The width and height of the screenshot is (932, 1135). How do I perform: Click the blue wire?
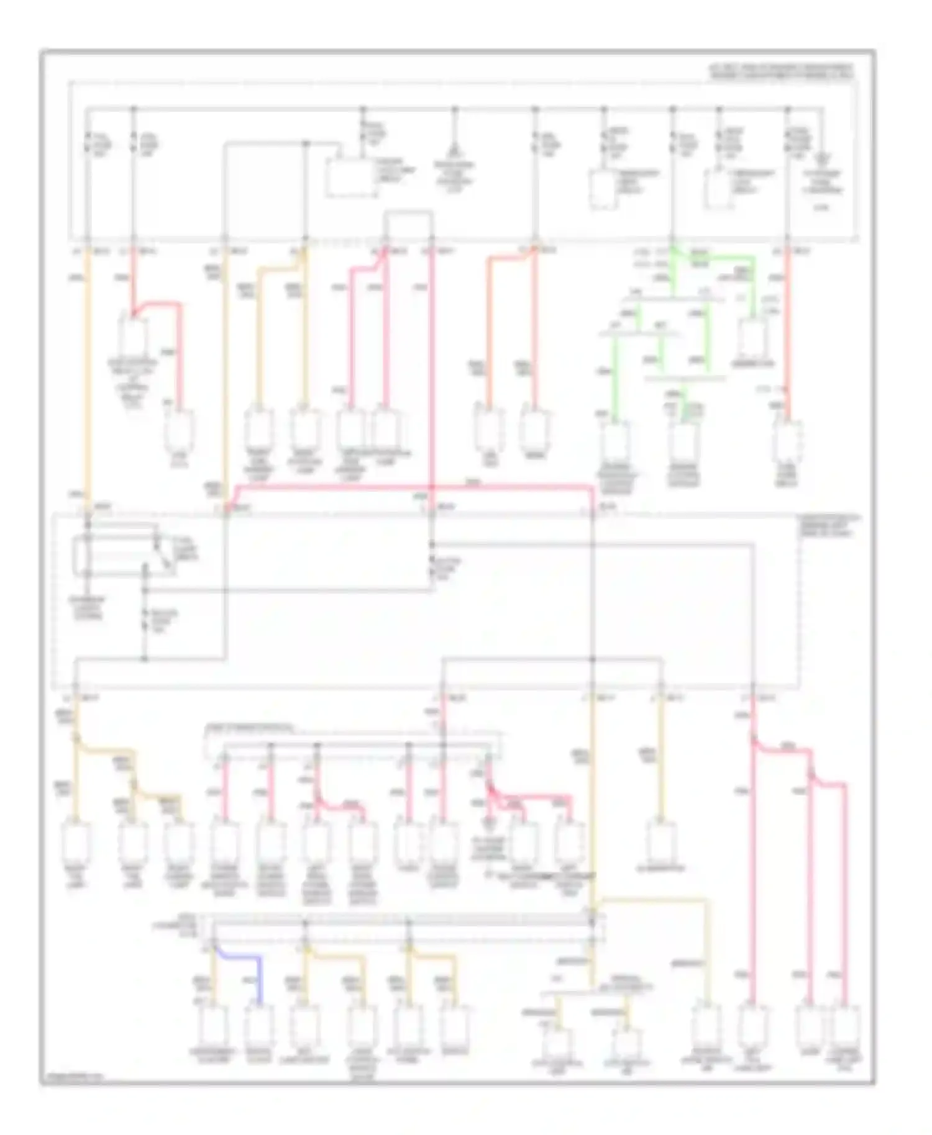pos(239,959)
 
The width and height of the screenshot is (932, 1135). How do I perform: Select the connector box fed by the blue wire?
pos(258,1025)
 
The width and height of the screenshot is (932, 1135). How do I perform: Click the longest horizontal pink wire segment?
pos(410,489)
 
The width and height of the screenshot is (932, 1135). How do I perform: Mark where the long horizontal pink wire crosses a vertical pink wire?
pos(431,489)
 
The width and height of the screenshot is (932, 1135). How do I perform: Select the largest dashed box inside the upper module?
pos(352,179)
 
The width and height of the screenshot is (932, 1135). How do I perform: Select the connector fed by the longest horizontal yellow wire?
pos(706,1025)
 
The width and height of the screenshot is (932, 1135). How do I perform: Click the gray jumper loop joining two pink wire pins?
pos(408,214)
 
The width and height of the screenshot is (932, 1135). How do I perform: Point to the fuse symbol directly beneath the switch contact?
pos(146,618)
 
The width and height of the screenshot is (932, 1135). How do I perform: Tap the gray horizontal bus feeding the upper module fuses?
pos(454,109)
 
